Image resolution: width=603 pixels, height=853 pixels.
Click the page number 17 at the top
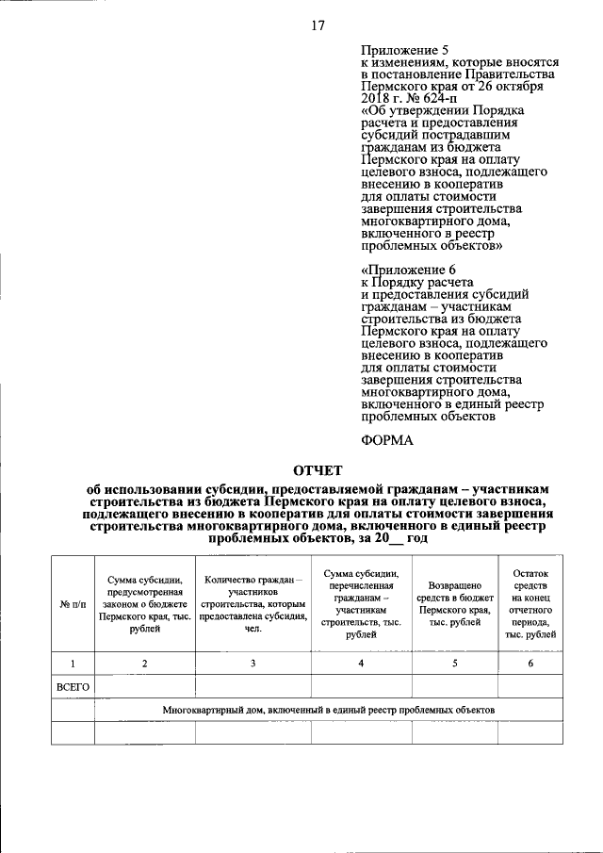(x=318, y=25)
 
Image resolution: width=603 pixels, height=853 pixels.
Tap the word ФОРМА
(x=387, y=439)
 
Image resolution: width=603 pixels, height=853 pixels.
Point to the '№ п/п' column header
(x=73, y=602)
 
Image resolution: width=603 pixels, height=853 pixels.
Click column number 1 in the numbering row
(x=73, y=664)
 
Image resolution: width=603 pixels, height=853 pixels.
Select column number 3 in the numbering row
(x=252, y=664)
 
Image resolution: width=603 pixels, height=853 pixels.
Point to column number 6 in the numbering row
(x=530, y=664)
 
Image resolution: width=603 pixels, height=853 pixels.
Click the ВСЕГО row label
(x=73, y=687)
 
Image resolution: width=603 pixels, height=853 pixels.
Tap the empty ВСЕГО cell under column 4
(x=361, y=687)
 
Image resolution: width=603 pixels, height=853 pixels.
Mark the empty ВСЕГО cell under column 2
(x=144, y=687)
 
